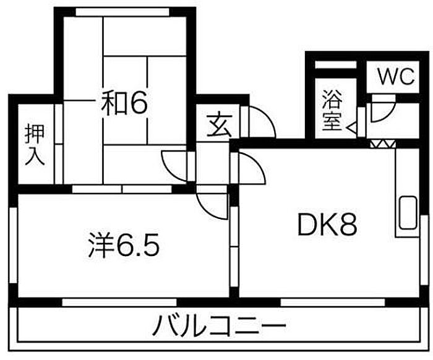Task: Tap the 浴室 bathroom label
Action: click(332, 110)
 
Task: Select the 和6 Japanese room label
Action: click(124, 103)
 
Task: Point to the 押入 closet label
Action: click(35, 144)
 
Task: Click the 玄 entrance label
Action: click(218, 125)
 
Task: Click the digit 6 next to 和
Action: click(139, 103)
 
